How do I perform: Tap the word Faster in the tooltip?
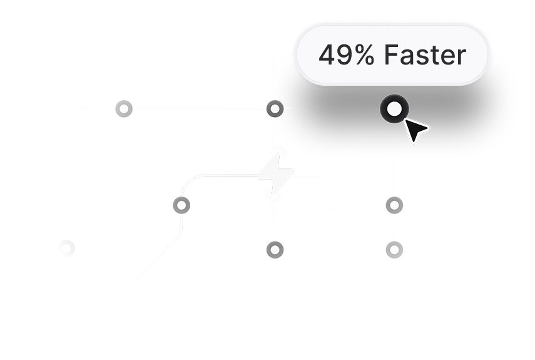click(x=425, y=56)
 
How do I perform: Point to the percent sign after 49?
click(x=363, y=56)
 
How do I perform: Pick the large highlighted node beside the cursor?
click(x=394, y=109)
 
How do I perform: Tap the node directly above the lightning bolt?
click(x=275, y=109)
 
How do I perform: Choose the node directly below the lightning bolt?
click(x=275, y=249)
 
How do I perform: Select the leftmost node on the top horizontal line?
click(x=124, y=109)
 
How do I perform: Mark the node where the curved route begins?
click(x=181, y=204)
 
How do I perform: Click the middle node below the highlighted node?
click(x=394, y=204)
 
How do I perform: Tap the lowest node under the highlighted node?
click(x=394, y=249)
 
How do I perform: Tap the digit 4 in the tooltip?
click(x=327, y=56)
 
